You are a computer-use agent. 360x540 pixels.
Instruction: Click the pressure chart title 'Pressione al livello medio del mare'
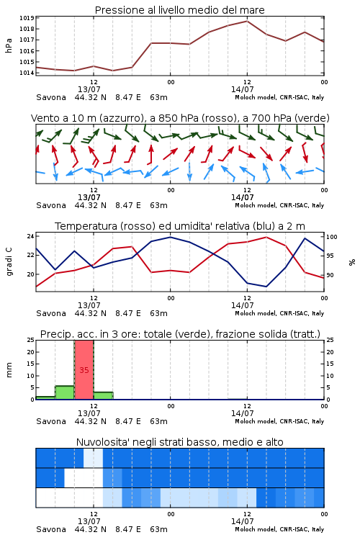(x=180, y=10)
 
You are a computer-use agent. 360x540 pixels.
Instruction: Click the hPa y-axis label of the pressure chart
(x=9, y=45)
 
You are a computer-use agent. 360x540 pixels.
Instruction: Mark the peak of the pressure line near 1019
(x=247, y=21)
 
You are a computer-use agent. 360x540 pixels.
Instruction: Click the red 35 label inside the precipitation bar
(x=84, y=370)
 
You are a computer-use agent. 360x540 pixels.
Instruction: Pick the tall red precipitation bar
(x=84, y=370)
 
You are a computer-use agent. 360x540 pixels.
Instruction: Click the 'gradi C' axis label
(x=9, y=262)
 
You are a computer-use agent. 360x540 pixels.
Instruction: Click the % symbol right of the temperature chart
(x=352, y=262)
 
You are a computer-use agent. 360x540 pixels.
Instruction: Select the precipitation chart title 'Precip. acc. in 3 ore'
(x=180, y=334)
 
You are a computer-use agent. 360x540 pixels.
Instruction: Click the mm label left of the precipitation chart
(x=9, y=370)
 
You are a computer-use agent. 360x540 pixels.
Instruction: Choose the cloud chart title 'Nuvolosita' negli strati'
(x=180, y=442)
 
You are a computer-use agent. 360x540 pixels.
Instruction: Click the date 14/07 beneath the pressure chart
(x=243, y=89)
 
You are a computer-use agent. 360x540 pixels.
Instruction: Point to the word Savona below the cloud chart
(x=51, y=529)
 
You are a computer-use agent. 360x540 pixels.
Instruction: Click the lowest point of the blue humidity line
(x=266, y=287)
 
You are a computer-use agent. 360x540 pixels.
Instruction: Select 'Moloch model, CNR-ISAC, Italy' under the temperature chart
(x=279, y=313)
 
